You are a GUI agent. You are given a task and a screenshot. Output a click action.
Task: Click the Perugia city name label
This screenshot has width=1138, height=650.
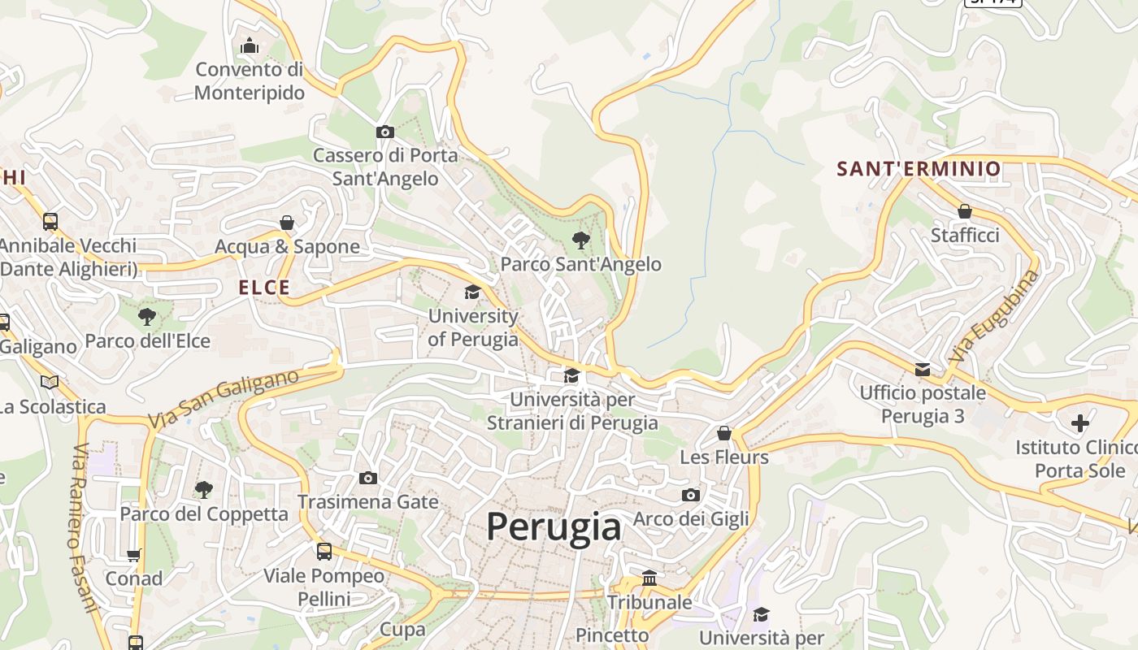click(554, 526)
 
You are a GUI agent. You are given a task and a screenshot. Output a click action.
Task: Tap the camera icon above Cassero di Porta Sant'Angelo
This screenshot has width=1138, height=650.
click(385, 132)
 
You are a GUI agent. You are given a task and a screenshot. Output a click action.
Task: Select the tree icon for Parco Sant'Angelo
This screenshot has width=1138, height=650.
click(580, 240)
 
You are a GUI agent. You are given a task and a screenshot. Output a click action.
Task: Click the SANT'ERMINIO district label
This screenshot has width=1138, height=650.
click(919, 169)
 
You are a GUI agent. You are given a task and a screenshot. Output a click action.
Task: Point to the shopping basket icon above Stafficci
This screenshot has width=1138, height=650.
click(965, 211)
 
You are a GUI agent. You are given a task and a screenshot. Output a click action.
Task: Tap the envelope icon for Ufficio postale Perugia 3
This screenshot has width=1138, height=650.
click(923, 370)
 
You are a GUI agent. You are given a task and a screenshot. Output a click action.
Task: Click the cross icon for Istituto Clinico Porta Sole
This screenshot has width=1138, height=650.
click(1080, 423)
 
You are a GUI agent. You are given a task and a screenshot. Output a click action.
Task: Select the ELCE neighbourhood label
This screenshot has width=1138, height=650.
click(264, 288)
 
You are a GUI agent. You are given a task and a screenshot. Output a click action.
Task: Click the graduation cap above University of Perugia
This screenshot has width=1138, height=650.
click(472, 292)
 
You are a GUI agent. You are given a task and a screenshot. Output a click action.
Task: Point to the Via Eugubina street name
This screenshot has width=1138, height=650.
click(993, 317)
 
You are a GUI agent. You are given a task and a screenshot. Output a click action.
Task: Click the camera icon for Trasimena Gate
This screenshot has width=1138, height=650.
click(368, 478)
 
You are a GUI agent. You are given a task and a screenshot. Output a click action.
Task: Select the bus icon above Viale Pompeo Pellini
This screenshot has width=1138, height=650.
click(324, 552)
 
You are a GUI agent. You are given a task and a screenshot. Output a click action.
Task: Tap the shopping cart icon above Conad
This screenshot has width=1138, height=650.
click(134, 555)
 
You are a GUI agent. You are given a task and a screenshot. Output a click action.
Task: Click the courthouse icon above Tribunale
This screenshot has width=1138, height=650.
click(649, 578)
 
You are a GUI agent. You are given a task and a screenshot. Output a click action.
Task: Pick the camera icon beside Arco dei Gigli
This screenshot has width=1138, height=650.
click(691, 495)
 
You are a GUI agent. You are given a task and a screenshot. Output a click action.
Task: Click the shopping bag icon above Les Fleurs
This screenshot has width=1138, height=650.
click(724, 433)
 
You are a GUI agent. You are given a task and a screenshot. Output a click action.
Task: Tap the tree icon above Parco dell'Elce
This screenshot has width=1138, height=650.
click(147, 317)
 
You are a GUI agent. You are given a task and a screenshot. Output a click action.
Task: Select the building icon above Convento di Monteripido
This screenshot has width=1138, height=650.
click(250, 45)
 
